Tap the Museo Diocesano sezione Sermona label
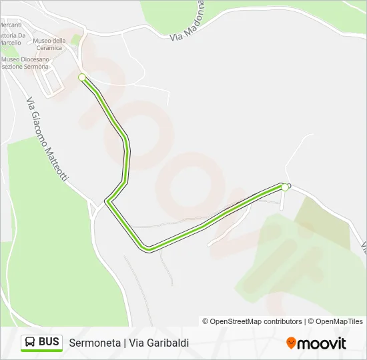(x=25, y=63)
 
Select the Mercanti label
(x=10, y=25)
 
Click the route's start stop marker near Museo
(x=82, y=77)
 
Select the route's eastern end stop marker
(x=285, y=187)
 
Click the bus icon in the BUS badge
(x=30, y=342)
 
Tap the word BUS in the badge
(x=49, y=342)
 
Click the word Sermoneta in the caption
(x=94, y=343)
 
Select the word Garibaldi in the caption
(x=168, y=343)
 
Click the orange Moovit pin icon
(x=291, y=343)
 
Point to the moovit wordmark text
(x=322, y=343)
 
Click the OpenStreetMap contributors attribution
(x=252, y=321)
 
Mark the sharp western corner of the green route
(x=107, y=200)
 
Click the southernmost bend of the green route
(x=147, y=250)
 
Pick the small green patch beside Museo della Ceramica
(x=75, y=39)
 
